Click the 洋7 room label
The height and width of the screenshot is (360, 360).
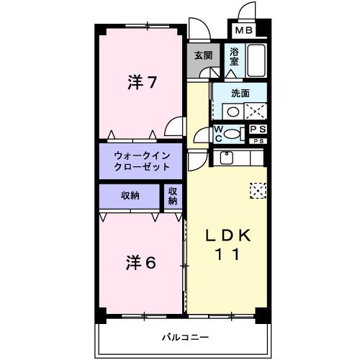[142, 82]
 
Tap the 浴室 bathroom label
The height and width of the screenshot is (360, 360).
[234, 57]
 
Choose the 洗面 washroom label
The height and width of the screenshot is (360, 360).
[240, 93]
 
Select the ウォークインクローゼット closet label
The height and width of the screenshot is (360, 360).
[142, 161]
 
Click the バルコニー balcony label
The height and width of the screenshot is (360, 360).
[184, 337]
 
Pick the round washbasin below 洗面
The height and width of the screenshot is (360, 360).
[232, 112]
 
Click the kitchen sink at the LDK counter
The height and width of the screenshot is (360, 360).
[228, 158]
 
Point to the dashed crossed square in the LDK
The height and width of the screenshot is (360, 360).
[258, 189]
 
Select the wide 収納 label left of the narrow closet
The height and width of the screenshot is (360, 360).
[130, 195]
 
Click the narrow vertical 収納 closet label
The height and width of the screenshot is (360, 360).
[173, 195]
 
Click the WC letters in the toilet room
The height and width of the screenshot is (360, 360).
[219, 132]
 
